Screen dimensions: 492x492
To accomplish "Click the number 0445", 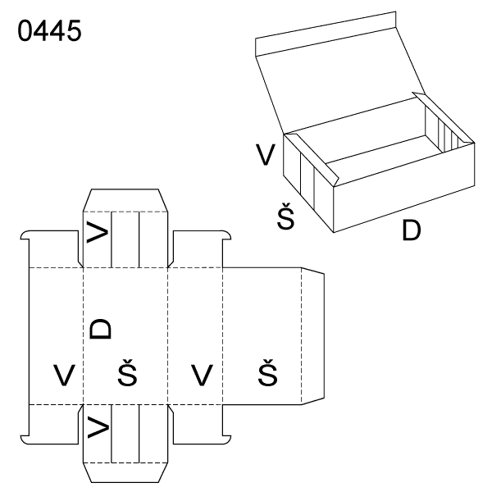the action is [49, 30].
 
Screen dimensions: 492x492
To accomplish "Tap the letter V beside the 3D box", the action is [266, 154].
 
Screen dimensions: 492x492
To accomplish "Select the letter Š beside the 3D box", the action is [286, 216].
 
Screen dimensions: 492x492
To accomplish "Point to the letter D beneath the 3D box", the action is [411, 230].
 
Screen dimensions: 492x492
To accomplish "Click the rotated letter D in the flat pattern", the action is [100, 329].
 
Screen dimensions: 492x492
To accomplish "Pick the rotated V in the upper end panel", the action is [98, 232].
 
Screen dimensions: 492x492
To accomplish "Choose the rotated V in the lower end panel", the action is [98, 426].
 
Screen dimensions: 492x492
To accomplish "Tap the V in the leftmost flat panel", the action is [64, 375].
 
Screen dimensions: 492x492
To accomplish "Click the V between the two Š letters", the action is [202, 375].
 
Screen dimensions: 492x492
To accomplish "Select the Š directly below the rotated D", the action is [127, 372].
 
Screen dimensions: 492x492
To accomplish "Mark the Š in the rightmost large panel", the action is [267, 372].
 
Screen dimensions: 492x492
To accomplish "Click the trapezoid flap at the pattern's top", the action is [125, 200].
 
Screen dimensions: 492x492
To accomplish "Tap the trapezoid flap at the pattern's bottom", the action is [125, 472].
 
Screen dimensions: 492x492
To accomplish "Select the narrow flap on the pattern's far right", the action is [312, 335].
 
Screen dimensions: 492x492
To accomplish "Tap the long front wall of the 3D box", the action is [404, 188].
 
